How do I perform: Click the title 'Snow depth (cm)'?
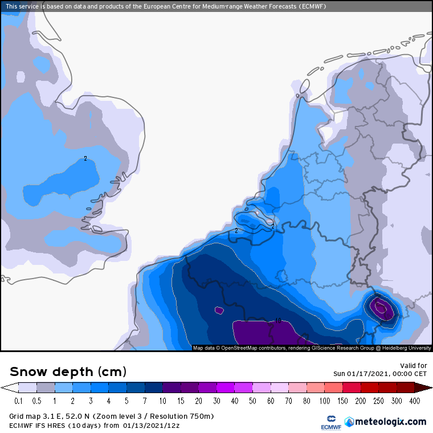coord(68,371)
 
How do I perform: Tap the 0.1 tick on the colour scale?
coord(18,401)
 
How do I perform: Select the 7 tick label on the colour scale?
coord(144,401)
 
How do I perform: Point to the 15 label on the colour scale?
coord(180,401)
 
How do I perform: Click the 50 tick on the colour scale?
coord(271,401)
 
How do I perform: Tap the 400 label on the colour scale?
coord(415,401)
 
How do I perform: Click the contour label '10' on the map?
coord(279,320)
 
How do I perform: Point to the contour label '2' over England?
coord(85,158)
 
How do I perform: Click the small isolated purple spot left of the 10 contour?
coord(219,311)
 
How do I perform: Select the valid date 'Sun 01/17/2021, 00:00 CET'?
coord(380,374)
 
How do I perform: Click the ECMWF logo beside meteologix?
coord(327,422)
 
